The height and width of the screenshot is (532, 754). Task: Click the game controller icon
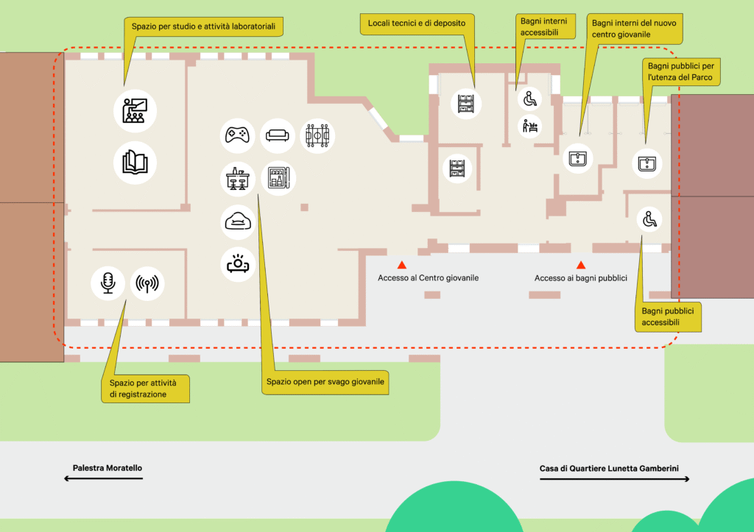click(237, 135)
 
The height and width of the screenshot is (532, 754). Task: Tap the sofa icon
click(278, 135)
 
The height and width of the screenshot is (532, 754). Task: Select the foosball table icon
click(318, 136)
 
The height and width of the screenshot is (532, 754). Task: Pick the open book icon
click(135, 163)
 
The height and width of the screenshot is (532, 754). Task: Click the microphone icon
click(108, 283)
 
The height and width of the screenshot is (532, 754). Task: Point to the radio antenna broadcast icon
click(148, 283)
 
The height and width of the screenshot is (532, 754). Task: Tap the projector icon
click(238, 265)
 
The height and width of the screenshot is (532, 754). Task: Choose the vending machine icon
click(278, 178)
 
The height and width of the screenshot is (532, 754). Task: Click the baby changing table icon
click(530, 127)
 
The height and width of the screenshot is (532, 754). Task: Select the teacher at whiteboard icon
click(135, 110)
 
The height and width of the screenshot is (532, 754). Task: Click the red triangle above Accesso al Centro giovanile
click(402, 264)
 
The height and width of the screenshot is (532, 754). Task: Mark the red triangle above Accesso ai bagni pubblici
click(581, 265)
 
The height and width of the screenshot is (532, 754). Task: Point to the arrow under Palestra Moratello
click(103, 479)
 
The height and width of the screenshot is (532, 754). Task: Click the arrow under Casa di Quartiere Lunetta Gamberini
click(615, 479)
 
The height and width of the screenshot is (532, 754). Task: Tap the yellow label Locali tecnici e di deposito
click(417, 24)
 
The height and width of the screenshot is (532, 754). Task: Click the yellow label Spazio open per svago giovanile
click(325, 383)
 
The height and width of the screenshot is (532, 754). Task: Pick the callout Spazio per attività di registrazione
click(144, 389)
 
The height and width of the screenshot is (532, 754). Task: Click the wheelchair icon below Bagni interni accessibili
click(530, 98)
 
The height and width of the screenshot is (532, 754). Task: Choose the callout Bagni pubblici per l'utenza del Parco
click(680, 71)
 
